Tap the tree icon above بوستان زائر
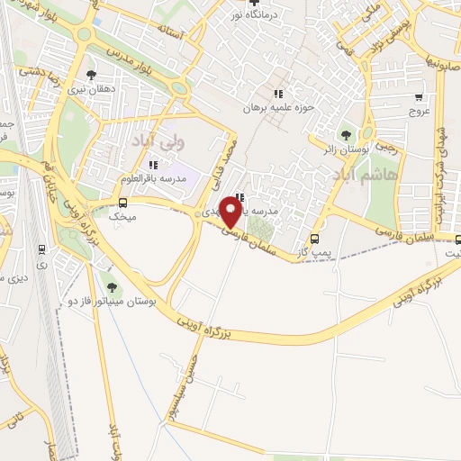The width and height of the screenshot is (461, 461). click(x=347, y=134)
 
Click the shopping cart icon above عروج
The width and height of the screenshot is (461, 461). click(x=419, y=95)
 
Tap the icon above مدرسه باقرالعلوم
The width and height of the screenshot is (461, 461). click(x=152, y=165)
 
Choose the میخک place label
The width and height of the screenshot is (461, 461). click(x=122, y=217)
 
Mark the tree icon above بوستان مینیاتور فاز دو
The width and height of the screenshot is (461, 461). click(x=112, y=286)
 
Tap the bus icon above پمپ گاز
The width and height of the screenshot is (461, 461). click(x=314, y=240)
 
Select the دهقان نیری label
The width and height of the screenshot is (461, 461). click(x=90, y=89)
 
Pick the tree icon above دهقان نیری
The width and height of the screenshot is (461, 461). click(x=90, y=75)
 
